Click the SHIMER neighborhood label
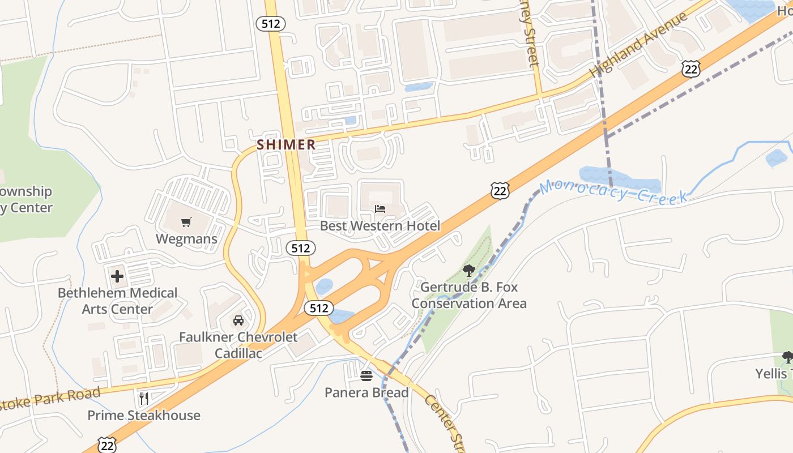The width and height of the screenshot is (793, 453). (286, 144)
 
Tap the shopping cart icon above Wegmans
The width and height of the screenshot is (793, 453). (186, 222)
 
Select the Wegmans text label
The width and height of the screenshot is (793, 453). (186, 239)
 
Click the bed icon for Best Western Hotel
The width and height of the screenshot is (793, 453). (380, 209)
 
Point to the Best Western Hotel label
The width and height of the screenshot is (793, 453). (380, 226)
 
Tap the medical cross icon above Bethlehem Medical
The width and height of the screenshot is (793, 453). (117, 276)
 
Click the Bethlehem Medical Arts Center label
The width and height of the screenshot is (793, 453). (117, 301)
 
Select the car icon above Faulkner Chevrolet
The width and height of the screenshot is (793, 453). (238, 320)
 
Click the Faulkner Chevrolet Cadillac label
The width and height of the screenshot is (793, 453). (238, 345)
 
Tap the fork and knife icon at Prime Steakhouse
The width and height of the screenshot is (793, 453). (144, 399)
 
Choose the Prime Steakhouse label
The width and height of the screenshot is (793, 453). (144, 415)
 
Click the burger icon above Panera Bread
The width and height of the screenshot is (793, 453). (366, 375)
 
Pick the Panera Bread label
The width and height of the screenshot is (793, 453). (366, 392)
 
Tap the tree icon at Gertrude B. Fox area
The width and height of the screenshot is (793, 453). (468, 271)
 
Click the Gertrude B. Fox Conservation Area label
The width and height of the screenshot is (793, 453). (469, 295)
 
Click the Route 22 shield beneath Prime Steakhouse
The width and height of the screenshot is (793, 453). (107, 445)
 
